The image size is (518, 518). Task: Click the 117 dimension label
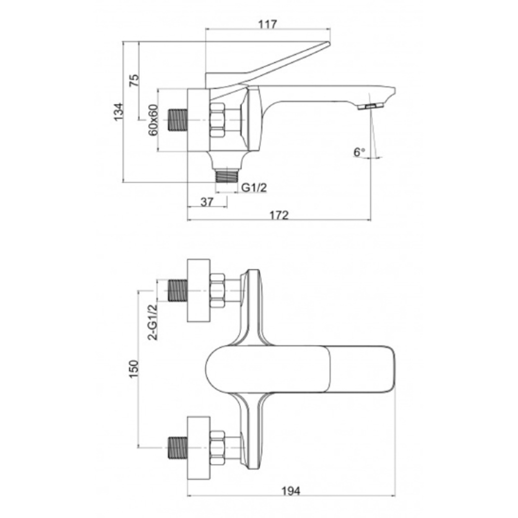pyautogui.click(x=268, y=24)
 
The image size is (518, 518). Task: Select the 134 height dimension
pyautogui.click(x=118, y=112)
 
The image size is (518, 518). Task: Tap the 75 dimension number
pyautogui.click(x=135, y=80)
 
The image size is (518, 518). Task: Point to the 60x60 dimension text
pyautogui.click(x=153, y=120)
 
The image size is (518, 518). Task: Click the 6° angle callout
pyautogui.click(x=359, y=152)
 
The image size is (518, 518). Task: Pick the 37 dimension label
pyautogui.click(x=207, y=202)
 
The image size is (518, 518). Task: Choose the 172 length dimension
pyautogui.click(x=279, y=215)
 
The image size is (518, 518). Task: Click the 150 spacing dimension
pyautogui.click(x=134, y=369)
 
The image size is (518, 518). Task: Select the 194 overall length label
pyautogui.click(x=291, y=491)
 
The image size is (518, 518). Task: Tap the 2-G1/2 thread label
pyautogui.click(x=153, y=322)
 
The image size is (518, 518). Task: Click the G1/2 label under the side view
pyautogui.click(x=254, y=188)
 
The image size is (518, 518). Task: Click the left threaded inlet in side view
pyautogui.click(x=178, y=120)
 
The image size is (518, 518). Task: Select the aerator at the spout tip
pyautogui.click(x=370, y=106)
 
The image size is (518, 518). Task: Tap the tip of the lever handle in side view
pyautogui.click(x=329, y=43)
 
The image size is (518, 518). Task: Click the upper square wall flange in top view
pyautogui.click(x=198, y=291)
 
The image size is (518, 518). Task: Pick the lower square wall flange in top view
pyautogui.click(x=198, y=448)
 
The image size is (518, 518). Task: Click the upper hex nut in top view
pyautogui.click(x=217, y=291)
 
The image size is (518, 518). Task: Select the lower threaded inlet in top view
pyautogui.click(x=178, y=448)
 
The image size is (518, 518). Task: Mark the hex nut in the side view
pyautogui.click(x=217, y=120)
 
